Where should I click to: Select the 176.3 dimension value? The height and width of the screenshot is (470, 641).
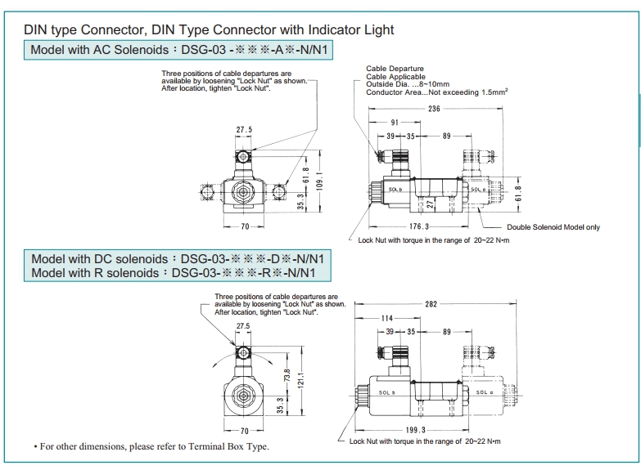(x=418, y=226)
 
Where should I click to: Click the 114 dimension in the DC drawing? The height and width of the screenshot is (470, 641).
(x=389, y=318)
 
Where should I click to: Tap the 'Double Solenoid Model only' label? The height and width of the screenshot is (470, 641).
(x=553, y=227)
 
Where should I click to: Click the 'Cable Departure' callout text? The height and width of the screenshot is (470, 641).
(x=390, y=71)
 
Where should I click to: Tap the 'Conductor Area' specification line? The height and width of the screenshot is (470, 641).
(x=437, y=92)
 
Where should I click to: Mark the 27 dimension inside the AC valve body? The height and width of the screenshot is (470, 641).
(x=427, y=204)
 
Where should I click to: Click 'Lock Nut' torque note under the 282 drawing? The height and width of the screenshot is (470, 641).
(x=424, y=441)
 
